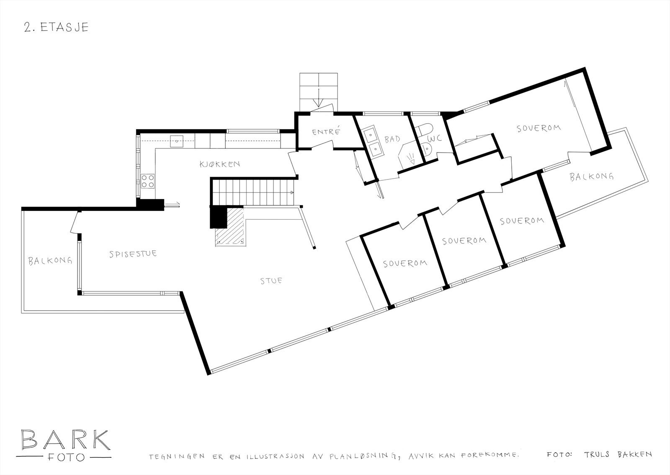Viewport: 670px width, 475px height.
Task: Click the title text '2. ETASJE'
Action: pos(56,28)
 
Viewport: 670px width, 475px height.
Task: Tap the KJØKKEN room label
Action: pos(219,164)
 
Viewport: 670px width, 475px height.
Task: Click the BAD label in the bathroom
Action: pos(392,139)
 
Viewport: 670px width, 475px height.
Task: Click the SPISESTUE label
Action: pos(133,254)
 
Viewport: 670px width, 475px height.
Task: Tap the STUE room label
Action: pos(271,280)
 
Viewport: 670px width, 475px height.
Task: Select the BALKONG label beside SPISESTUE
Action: pos(50,261)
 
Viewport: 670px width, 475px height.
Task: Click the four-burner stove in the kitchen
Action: pos(147,181)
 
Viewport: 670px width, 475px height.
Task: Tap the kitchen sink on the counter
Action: pos(176,140)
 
